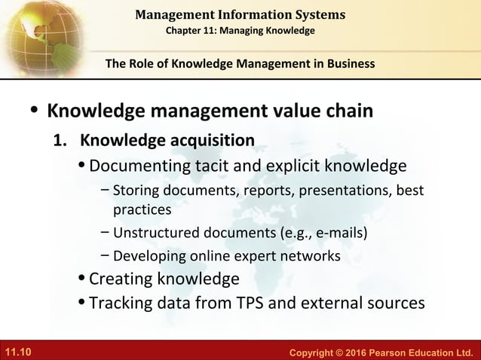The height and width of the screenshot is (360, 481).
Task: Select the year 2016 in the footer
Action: point(340,352)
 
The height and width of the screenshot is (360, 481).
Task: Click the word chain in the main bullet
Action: point(344,111)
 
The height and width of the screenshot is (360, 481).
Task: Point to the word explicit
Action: point(295,165)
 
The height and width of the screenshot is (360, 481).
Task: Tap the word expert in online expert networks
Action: point(255,256)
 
